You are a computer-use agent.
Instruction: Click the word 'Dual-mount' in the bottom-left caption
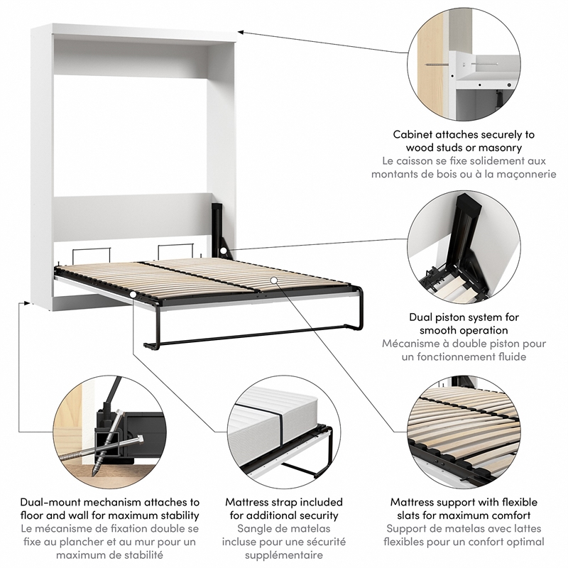[x=50, y=502]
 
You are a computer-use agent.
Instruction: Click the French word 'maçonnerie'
[x=520, y=175]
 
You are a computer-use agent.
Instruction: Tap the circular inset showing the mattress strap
[x=283, y=430]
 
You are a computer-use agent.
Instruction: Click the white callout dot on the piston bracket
[x=223, y=251]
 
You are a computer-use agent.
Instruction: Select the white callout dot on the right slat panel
[x=274, y=281]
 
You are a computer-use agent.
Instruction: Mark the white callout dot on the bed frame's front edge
[x=133, y=293]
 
